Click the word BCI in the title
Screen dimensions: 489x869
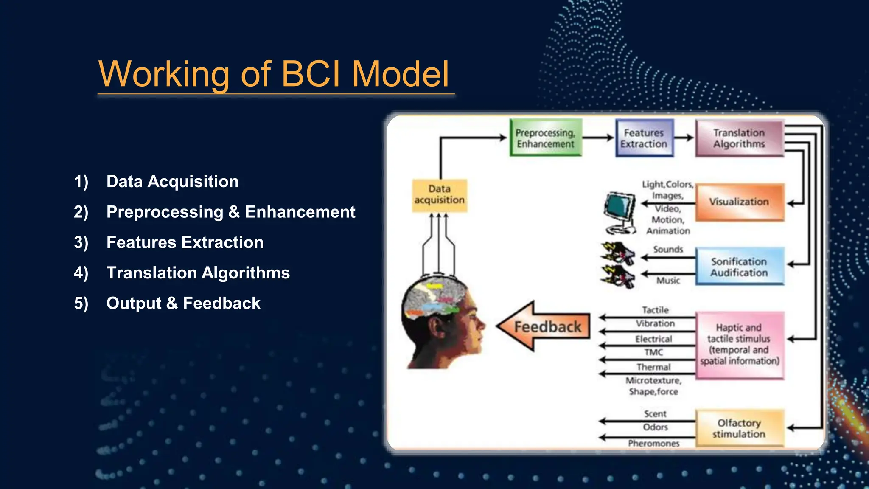[x=311, y=74]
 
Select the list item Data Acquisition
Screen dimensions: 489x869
[x=172, y=182]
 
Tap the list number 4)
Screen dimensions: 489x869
[x=81, y=273]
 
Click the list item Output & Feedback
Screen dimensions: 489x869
[x=183, y=304]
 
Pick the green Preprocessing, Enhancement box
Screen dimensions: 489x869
[x=545, y=138]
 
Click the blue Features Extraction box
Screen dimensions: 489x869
[x=644, y=138]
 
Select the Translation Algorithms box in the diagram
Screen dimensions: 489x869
[x=739, y=138]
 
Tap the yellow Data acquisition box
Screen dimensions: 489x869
[x=439, y=195]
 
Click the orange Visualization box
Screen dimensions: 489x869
[x=739, y=202]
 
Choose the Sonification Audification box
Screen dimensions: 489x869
[x=739, y=267]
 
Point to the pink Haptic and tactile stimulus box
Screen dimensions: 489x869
[x=739, y=345]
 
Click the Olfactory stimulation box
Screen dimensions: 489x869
[x=739, y=428]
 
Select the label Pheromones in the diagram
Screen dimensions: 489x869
[x=653, y=444]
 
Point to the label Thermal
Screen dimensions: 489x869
[x=653, y=367]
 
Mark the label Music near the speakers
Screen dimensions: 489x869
[x=668, y=281]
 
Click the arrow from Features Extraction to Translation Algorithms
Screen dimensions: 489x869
[x=684, y=138]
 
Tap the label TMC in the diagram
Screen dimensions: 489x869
[x=653, y=352]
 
